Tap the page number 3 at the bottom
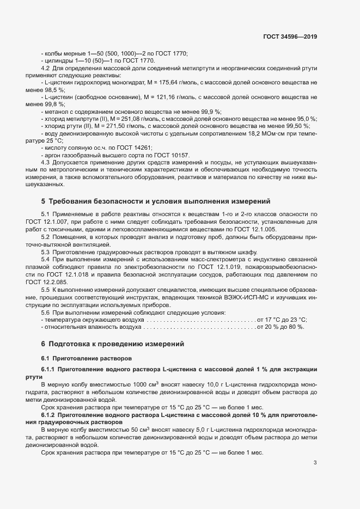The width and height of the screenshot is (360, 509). pos(315,463)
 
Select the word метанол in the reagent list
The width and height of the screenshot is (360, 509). pos(56,111)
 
